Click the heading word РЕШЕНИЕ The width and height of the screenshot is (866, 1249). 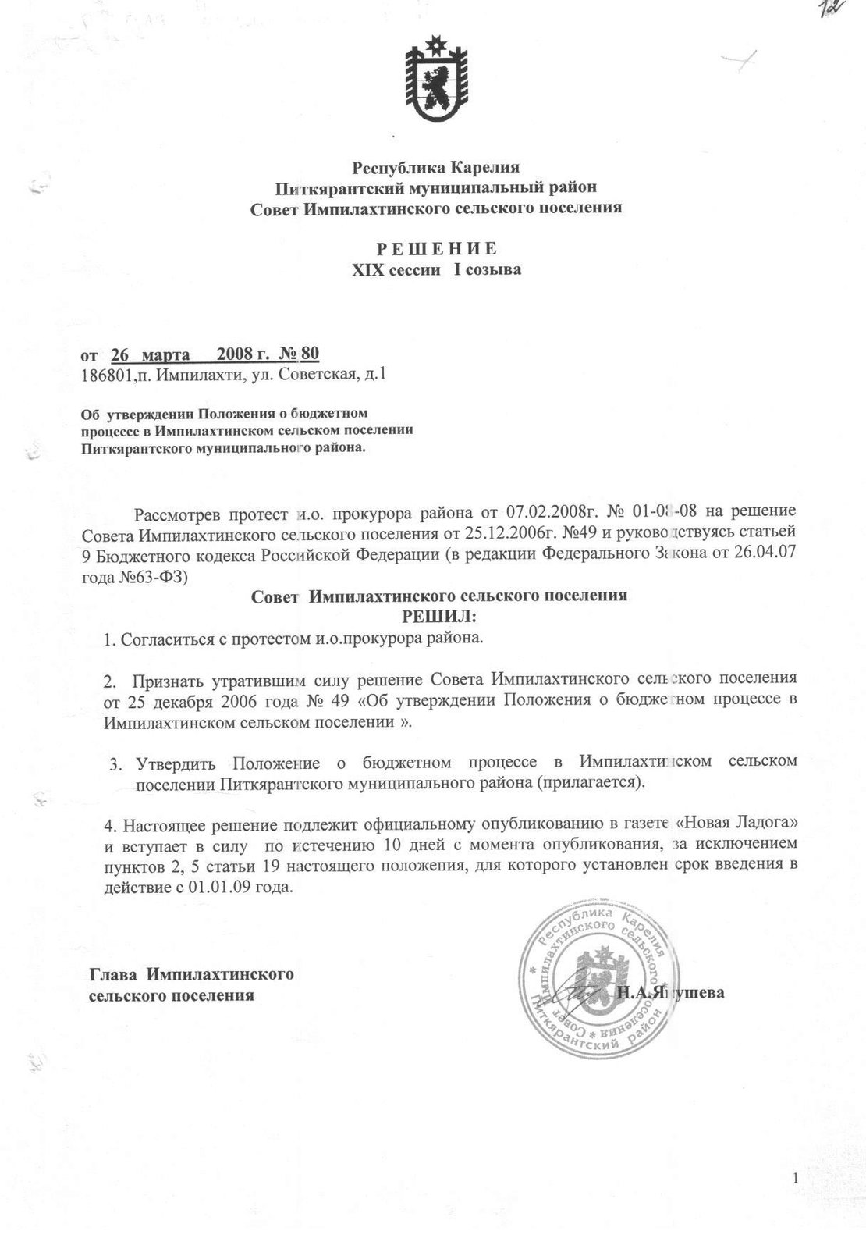pyautogui.click(x=436, y=250)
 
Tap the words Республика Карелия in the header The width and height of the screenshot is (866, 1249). pyautogui.click(x=436, y=167)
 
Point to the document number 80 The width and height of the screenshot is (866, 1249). pyautogui.click(x=310, y=354)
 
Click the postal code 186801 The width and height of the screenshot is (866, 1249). pyautogui.click(x=104, y=375)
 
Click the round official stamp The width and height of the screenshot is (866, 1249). pyautogui.click(x=598, y=981)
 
